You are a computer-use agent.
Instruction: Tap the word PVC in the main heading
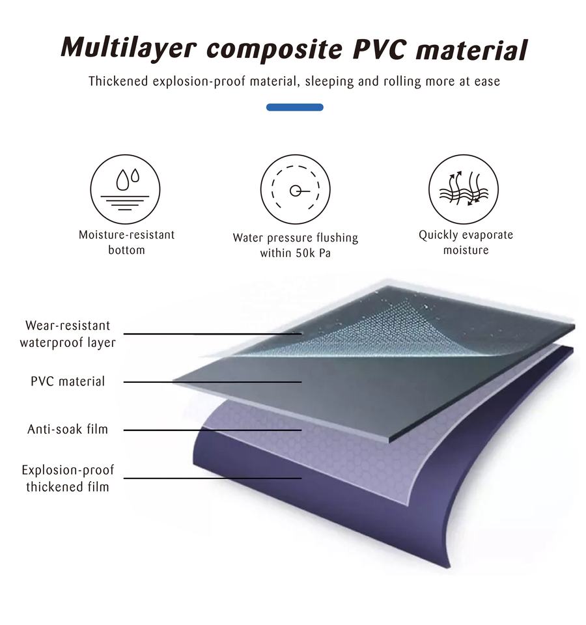[380, 49]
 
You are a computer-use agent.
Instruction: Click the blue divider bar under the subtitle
[294, 107]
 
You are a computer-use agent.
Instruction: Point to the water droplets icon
[125, 189]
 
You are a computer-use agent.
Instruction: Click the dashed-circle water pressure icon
[296, 189]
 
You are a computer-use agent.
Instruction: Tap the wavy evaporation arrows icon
[464, 189]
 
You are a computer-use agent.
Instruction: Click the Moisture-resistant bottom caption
[127, 242]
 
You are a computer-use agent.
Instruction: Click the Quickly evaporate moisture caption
[466, 242]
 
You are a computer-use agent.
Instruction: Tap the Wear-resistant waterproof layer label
[68, 334]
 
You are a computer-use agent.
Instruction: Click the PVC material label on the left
[68, 382]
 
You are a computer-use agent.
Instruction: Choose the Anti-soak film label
[68, 429]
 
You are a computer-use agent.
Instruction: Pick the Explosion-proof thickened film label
[68, 479]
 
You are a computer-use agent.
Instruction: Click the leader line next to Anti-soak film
[212, 430]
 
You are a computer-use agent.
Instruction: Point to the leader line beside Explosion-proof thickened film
[212, 479]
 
